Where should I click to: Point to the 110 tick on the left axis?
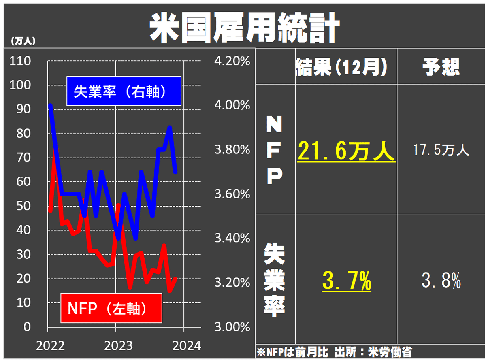pos(21,61)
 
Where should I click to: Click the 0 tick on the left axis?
pos(27,326)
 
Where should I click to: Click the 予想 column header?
pos(441,67)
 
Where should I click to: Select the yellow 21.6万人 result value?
pos(346,152)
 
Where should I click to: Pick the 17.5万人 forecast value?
pos(441,151)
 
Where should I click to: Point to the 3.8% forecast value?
pos(441,280)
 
